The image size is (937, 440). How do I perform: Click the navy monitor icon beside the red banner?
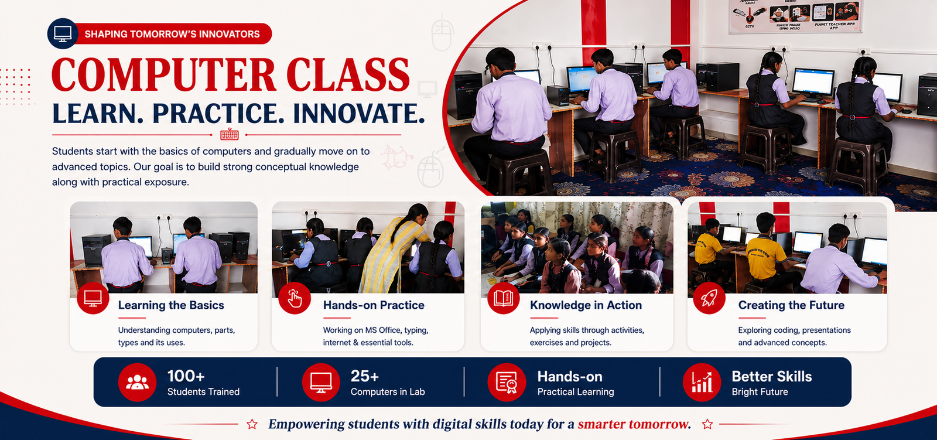63,33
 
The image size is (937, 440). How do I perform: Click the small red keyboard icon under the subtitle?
229,134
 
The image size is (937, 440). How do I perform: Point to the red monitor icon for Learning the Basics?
93,298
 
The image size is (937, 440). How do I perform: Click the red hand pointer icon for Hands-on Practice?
295,298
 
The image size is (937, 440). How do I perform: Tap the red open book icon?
503,298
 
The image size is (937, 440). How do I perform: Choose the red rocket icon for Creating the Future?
709,298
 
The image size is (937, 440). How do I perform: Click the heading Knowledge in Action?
586,305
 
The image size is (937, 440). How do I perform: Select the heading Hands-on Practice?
374,305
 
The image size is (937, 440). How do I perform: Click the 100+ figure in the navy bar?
186,376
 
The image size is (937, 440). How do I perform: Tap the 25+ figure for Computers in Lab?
365,376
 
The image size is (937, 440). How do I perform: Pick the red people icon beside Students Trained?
137,382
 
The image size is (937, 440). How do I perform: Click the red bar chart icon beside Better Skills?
702,382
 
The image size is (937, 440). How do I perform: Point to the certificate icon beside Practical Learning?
507,382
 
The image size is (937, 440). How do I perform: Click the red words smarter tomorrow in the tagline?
634,424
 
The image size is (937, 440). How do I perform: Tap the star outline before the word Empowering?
252,424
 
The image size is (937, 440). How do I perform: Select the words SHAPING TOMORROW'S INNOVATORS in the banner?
172,34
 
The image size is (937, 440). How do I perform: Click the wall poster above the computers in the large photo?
795,16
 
